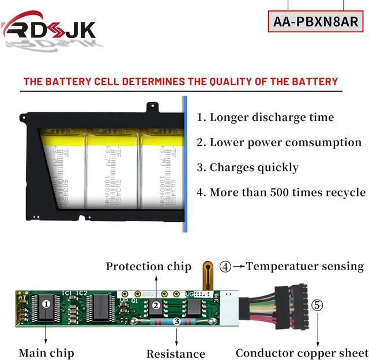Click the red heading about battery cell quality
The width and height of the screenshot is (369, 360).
pos(180,82)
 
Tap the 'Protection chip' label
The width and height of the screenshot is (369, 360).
pos(148,267)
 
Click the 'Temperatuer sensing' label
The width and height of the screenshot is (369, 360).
pos(305,266)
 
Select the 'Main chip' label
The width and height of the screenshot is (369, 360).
pos(46,353)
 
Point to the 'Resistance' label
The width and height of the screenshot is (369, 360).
pos(175,354)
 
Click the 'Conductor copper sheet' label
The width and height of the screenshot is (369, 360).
pos(302,353)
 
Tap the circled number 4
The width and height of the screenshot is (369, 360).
pos(225,267)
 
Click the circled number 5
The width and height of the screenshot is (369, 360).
pos(318,305)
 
